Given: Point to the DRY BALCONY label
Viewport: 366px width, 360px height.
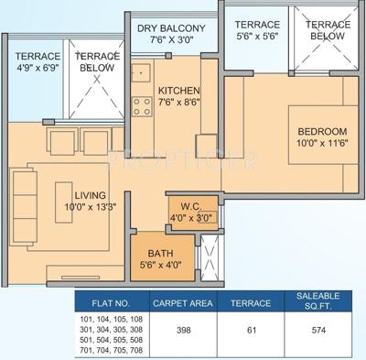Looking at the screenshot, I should [177, 27].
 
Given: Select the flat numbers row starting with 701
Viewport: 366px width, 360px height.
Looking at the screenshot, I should [112, 350].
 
